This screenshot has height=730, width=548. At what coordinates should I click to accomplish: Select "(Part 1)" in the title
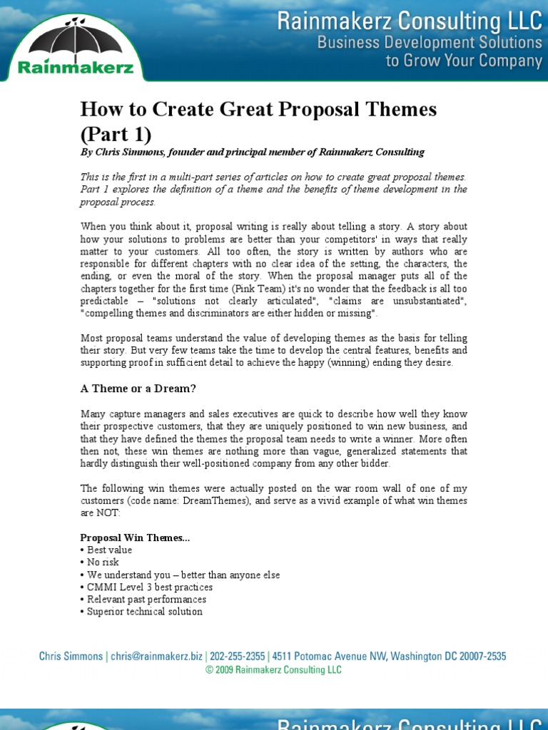tap(115, 134)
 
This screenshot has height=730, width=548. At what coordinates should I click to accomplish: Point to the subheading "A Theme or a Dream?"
tap(138, 389)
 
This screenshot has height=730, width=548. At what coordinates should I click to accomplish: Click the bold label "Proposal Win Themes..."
tap(135, 538)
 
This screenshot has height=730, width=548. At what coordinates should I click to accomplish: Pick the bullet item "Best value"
tap(109, 550)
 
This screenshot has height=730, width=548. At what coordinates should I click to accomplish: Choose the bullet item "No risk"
tap(103, 562)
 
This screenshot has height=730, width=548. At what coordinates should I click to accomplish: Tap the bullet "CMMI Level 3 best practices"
tap(150, 587)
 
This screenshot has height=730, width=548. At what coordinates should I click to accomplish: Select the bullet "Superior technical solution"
tap(145, 612)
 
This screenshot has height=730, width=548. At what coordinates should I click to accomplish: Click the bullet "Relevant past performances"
tap(147, 600)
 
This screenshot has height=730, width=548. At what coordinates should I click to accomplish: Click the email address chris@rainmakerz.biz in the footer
tap(156, 657)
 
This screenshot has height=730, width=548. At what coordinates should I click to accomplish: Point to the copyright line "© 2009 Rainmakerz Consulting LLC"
tap(273, 670)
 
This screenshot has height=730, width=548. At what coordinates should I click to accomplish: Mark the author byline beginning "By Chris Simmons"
tap(252, 152)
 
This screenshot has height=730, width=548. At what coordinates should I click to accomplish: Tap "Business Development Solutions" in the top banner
tap(430, 43)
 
